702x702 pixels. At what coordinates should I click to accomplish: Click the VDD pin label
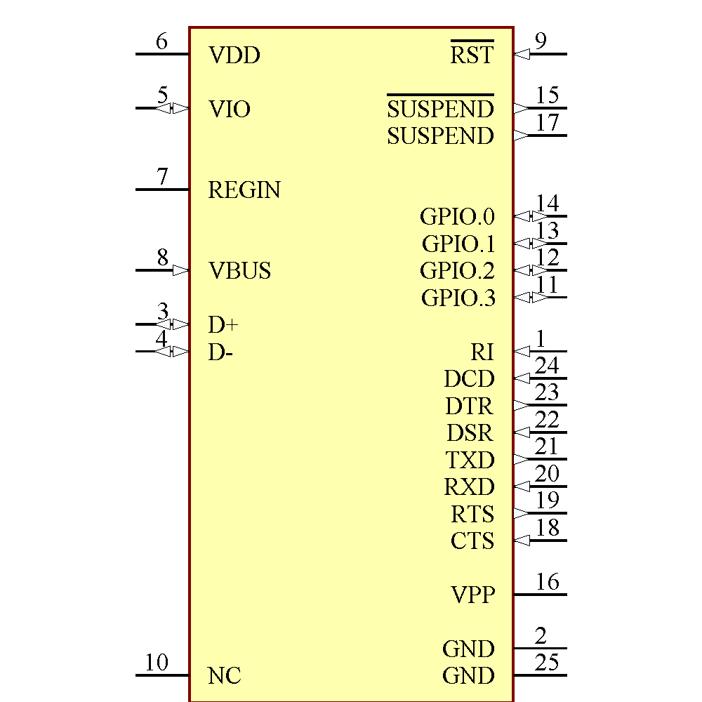click(x=234, y=55)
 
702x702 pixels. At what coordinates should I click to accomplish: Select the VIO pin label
click(x=230, y=110)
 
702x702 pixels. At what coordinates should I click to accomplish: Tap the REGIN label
click(x=244, y=190)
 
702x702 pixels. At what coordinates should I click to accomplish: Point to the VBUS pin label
click(x=239, y=271)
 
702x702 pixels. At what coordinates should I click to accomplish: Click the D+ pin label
click(x=223, y=325)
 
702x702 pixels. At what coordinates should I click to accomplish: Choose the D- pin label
click(x=220, y=352)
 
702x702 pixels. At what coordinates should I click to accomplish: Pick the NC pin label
click(x=225, y=676)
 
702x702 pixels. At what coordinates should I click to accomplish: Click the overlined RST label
click(x=472, y=55)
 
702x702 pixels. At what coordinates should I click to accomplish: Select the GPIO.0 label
click(x=457, y=217)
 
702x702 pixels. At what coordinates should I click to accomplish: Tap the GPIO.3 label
click(x=458, y=298)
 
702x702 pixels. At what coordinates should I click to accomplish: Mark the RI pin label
click(x=482, y=352)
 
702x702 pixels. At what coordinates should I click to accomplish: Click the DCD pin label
click(x=469, y=379)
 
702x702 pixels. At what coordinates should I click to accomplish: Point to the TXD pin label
click(x=470, y=461)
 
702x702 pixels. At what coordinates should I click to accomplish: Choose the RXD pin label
click(x=469, y=487)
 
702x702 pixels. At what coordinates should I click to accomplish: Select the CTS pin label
click(x=472, y=541)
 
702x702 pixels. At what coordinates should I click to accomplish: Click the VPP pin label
click(x=472, y=595)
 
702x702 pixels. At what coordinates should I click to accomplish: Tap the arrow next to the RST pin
click(x=522, y=54)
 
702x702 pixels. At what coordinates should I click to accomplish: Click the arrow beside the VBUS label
click(x=180, y=270)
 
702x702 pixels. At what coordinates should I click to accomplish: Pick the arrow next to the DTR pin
click(x=521, y=405)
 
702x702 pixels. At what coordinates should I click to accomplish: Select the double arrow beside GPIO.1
click(x=531, y=244)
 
